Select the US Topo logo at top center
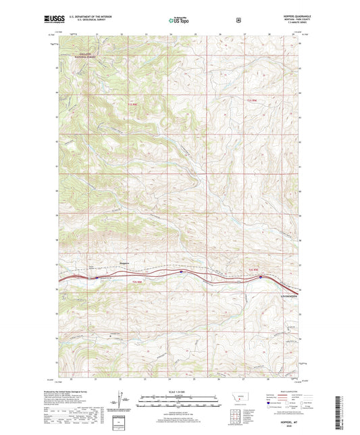point(179,20)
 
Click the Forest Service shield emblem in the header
point(238,20)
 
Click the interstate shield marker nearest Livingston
point(260,276)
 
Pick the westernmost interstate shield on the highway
point(96,276)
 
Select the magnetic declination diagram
point(120,399)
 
